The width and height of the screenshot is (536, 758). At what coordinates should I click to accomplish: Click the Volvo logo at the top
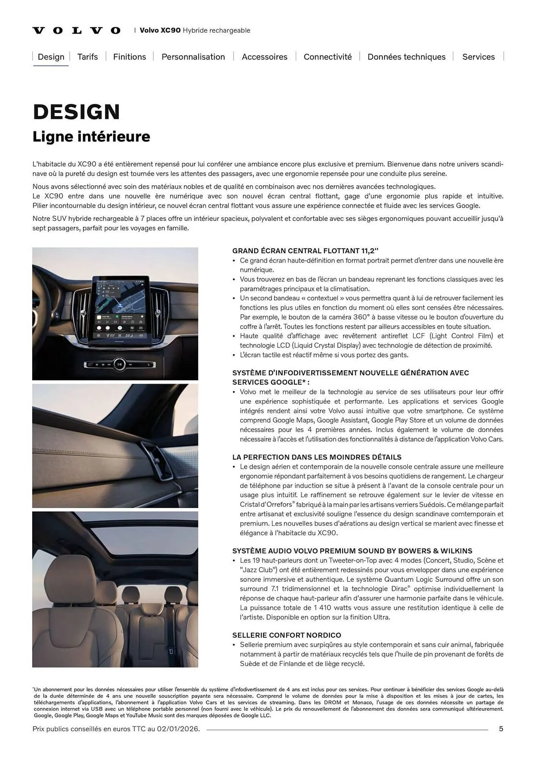click(x=76, y=31)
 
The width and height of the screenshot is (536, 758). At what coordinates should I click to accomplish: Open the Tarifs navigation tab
click(x=88, y=57)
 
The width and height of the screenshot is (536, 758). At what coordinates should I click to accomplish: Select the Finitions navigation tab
click(x=130, y=57)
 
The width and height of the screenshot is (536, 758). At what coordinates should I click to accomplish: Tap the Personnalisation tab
click(x=193, y=57)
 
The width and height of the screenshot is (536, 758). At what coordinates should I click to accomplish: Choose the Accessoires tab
click(x=264, y=57)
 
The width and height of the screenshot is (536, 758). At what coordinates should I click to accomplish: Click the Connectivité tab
click(x=328, y=57)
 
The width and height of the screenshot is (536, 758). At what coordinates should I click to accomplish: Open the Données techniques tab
click(x=406, y=57)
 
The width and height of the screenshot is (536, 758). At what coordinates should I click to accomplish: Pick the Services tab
click(x=478, y=57)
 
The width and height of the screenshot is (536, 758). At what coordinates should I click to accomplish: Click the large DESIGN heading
click(x=77, y=112)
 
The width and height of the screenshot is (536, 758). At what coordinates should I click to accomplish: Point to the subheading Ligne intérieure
click(x=91, y=136)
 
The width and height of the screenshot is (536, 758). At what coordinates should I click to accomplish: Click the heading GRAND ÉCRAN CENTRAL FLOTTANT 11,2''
click(x=305, y=251)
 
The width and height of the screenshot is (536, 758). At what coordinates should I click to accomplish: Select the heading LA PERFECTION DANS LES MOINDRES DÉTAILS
click(x=317, y=457)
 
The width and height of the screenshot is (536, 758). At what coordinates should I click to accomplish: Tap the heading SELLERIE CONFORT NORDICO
click(x=287, y=635)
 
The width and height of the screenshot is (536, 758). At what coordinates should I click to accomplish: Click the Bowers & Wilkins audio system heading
click(x=352, y=551)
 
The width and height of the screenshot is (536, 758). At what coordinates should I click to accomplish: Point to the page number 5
click(x=501, y=729)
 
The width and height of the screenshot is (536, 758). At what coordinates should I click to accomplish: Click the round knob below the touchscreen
click(x=119, y=364)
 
